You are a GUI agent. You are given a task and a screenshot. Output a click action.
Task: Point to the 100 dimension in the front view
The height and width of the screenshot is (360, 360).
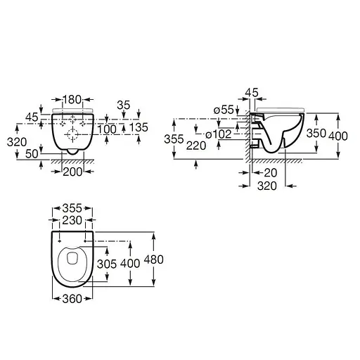pyautogui.click(x=107, y=129)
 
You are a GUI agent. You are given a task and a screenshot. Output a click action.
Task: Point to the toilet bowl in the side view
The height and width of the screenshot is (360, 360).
pyautogui.click(x=278, y=134)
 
